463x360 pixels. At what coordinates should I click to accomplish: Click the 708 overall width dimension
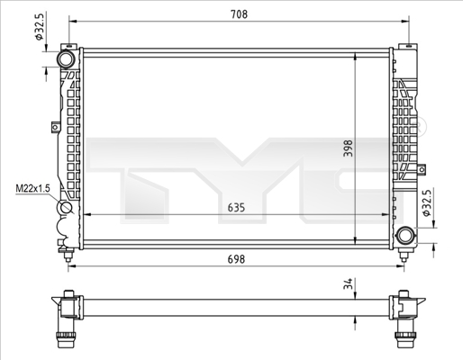237,14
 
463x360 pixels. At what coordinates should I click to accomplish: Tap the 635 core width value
236,207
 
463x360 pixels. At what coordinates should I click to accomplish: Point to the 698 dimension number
237,259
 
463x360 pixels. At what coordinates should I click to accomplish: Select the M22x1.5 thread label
32,189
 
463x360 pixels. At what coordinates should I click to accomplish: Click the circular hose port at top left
66,59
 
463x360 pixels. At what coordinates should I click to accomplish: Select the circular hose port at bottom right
406,236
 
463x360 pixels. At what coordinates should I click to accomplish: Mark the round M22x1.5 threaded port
66,212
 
